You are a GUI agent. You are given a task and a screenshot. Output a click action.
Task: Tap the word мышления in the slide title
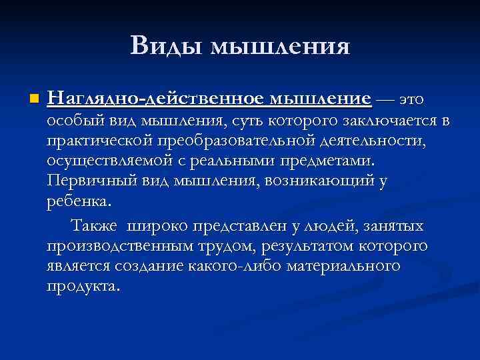[280, 47]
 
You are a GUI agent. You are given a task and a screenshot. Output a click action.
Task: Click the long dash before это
[385, 100]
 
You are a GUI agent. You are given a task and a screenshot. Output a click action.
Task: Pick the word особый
[71, 122]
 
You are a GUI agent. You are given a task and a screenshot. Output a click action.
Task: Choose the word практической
[100, 141]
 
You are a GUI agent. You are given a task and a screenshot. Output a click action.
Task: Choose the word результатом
[298, 246]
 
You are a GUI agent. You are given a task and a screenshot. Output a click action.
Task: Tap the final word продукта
[84, 286]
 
